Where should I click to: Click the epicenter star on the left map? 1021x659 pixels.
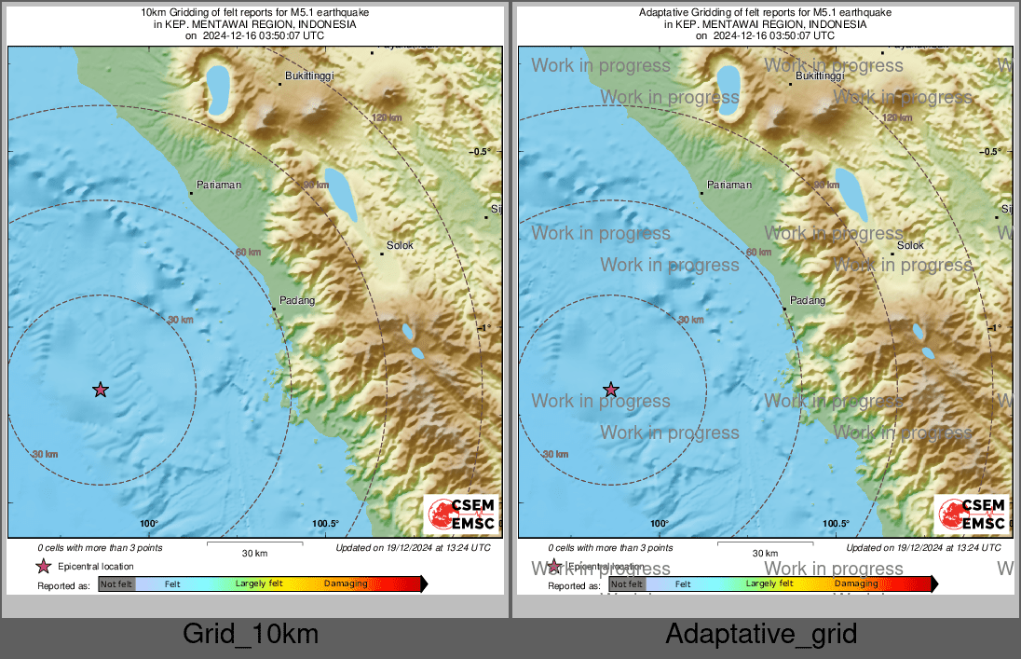(101, 390)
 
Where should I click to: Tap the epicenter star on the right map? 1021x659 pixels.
(610, 390)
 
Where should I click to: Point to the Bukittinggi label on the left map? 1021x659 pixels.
(308, 76)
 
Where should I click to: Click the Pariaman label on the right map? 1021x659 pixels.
(729, 185)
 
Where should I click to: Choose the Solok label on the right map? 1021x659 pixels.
(910, 245)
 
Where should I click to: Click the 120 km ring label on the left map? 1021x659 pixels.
(387, 117)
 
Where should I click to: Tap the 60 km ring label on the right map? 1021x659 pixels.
(758, 252)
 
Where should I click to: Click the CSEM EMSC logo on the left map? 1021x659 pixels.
(461, 515)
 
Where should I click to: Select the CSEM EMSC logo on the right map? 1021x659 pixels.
(972, 515)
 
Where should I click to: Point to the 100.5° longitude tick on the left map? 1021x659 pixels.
(326, 524)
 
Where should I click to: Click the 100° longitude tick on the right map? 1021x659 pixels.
(660, 524)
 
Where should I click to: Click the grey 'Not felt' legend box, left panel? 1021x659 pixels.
(116, 584)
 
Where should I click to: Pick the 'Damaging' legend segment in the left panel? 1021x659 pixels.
(345, 584)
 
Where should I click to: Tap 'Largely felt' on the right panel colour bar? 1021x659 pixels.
(769, 583)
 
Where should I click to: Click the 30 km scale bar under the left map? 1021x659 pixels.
(254, 542)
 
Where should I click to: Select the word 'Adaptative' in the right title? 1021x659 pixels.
(663, 12)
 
